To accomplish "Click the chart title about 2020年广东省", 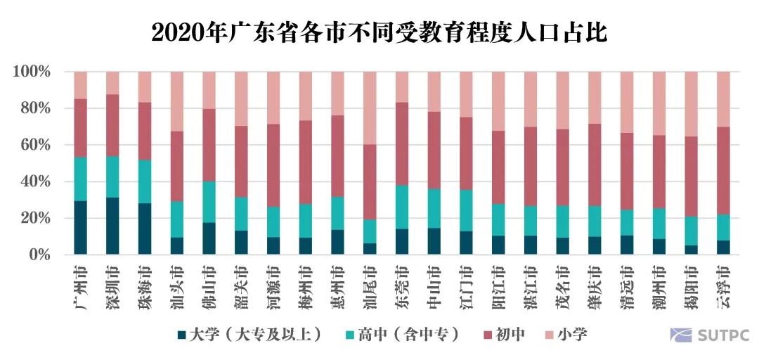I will coord(379,32).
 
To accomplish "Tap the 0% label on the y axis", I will coord(39,255).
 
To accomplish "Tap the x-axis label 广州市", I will coord(81,288).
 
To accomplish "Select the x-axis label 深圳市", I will coord(113,288).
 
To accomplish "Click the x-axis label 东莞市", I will coord(402,288).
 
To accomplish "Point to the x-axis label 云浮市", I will coord(724,288).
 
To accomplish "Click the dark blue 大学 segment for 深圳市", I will coord(113,226).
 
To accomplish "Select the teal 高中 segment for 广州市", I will coord(81,179).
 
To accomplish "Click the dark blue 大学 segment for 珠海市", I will coord(145,229).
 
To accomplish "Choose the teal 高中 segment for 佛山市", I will coord(209,202).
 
